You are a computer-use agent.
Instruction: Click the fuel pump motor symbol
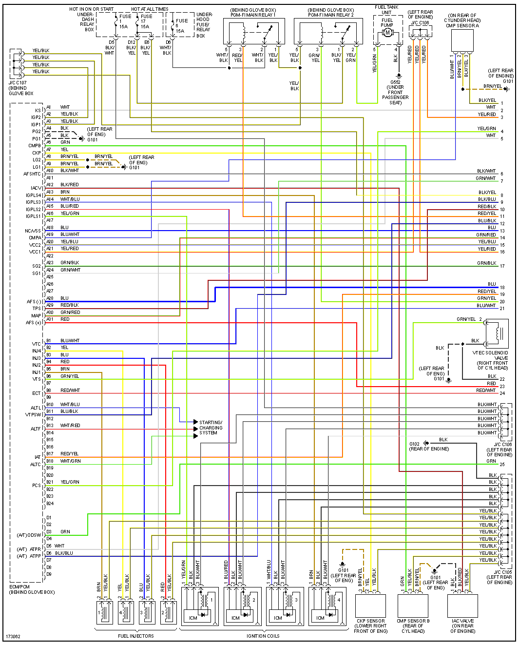click(x=388, y=32)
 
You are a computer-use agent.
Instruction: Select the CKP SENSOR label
click(x=371, y=621)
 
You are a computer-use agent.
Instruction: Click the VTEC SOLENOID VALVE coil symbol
click(x=497, y=333)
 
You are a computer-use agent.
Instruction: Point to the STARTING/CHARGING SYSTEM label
click(x=211, y=428)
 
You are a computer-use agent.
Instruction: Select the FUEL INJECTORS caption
click(x=135, y=636)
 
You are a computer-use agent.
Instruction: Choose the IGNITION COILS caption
click(x=263, y=636)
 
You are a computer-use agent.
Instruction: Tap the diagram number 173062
click(x=13, y=636)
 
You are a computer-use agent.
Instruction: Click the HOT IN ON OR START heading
click(x=91, y=9)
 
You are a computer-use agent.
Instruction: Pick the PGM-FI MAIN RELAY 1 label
click(x=253, y=15)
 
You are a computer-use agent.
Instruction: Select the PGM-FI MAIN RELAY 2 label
click(x=330, y=15)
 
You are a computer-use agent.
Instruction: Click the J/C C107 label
click(x=18, y=83)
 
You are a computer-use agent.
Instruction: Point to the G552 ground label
click(x=395, y=82)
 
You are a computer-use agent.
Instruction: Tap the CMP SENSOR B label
click(x=413, y=621)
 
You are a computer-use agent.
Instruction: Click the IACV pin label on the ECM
click(x=36, y=188)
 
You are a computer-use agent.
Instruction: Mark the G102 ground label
click(x=414, y=444)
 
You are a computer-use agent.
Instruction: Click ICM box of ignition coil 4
click(x=320, y=618)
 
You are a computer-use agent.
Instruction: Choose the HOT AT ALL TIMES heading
click(x=150, y=9)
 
